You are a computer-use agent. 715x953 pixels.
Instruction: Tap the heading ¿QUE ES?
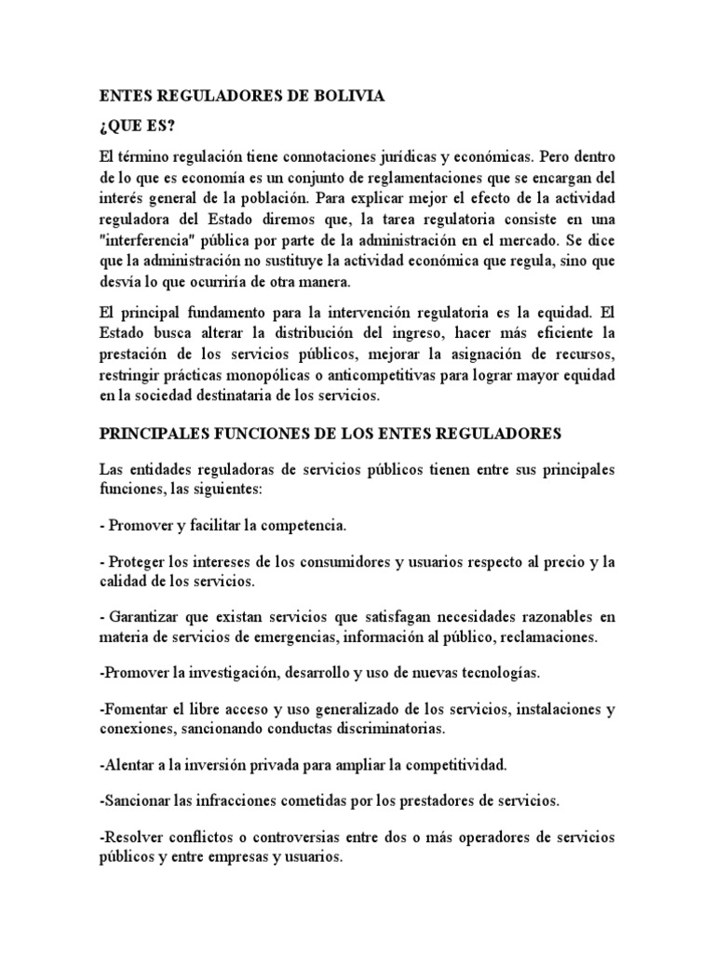(135, 127)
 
